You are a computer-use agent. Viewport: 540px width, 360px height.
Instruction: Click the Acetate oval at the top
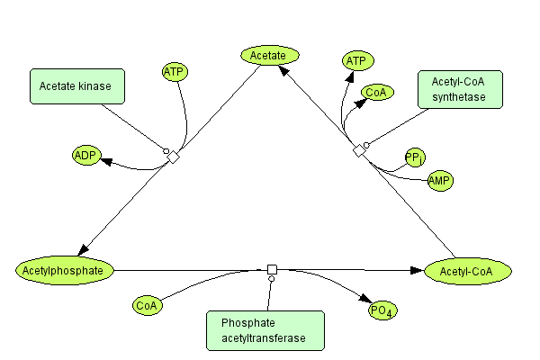[269, 56]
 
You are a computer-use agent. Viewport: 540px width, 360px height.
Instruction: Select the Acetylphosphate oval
[66, 269]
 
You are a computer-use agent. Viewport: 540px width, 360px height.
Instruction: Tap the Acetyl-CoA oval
[468, 270]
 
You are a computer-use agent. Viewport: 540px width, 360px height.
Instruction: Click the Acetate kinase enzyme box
[76, 85]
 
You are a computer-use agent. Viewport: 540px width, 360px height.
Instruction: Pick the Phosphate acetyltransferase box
[265, 330]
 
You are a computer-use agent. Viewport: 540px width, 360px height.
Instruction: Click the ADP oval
[86, 155]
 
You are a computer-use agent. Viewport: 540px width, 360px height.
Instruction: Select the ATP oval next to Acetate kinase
[175, 71]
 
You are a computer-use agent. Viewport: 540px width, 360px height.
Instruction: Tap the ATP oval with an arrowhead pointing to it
[356, 60]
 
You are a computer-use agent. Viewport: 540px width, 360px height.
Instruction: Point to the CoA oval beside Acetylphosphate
[147, 306]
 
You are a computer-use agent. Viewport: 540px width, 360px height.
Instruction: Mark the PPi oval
[415, 158]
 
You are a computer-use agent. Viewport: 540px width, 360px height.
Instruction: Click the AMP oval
[439, 181]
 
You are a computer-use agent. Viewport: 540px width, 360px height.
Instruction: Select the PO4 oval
[384, 311]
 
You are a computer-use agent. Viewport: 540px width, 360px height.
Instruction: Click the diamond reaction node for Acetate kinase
[174, 157]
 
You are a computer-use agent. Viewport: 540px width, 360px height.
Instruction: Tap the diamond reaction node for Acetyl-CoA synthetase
[359, 150]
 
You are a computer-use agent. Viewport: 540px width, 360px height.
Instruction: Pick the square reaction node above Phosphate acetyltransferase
[272, 269]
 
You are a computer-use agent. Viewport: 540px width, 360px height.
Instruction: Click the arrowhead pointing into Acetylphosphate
[84, 252]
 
